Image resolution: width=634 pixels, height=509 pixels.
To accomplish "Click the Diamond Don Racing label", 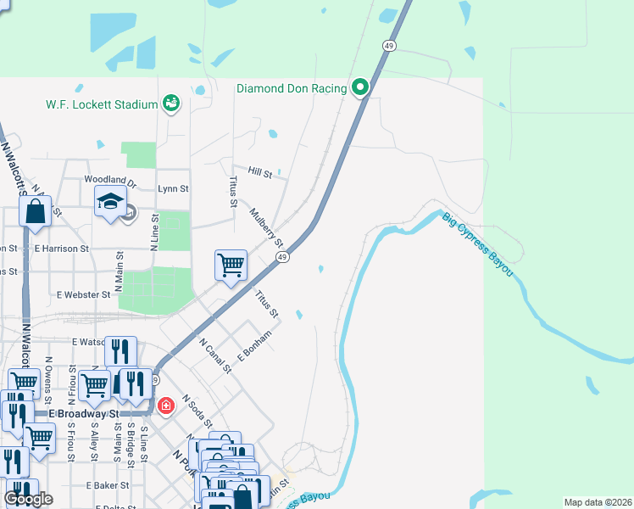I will pyautogui.click(x=292, y=88).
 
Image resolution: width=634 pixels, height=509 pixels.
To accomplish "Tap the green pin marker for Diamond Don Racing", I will pyautogui.click(x=360, y=87).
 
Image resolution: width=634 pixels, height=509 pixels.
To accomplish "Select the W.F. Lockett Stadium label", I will pyautogui.click(x=102, y=104).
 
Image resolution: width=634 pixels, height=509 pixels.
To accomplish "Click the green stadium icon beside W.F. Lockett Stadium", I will pyautogui.click(x=171, y=103).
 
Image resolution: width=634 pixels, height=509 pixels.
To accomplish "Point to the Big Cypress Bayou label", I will pyautogui.click(x=477, y=243).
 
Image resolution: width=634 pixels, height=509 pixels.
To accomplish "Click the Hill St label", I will pyautogui.click(x=260, y=173).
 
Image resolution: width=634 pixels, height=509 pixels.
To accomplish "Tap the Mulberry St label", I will pyautogui.click(x=265, y=225).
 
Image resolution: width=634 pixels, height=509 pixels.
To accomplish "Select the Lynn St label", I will pyautogui.click(x=173, y=189).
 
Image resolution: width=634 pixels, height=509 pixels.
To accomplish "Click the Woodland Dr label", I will pyautogui.click(x=110, y=181).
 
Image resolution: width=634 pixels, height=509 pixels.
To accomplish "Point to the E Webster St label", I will pyautogui.click(x=83, y=294).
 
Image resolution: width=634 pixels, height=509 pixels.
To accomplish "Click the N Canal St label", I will pyautogui.click(x=214, y=355).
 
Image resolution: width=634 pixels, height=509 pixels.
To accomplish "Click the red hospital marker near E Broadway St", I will pyautogui.click(x=165, y=405).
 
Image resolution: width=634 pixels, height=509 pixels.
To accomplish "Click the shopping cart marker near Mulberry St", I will pyautogui.click(x=231, y=266).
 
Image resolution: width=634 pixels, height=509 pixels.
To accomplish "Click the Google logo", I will pyautogui.click(x=28, y=499).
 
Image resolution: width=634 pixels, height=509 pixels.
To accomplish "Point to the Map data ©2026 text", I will pyautogui.click(x=598, y=502).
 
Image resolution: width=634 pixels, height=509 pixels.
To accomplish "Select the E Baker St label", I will pyautogui.click(x=107, y=485).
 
